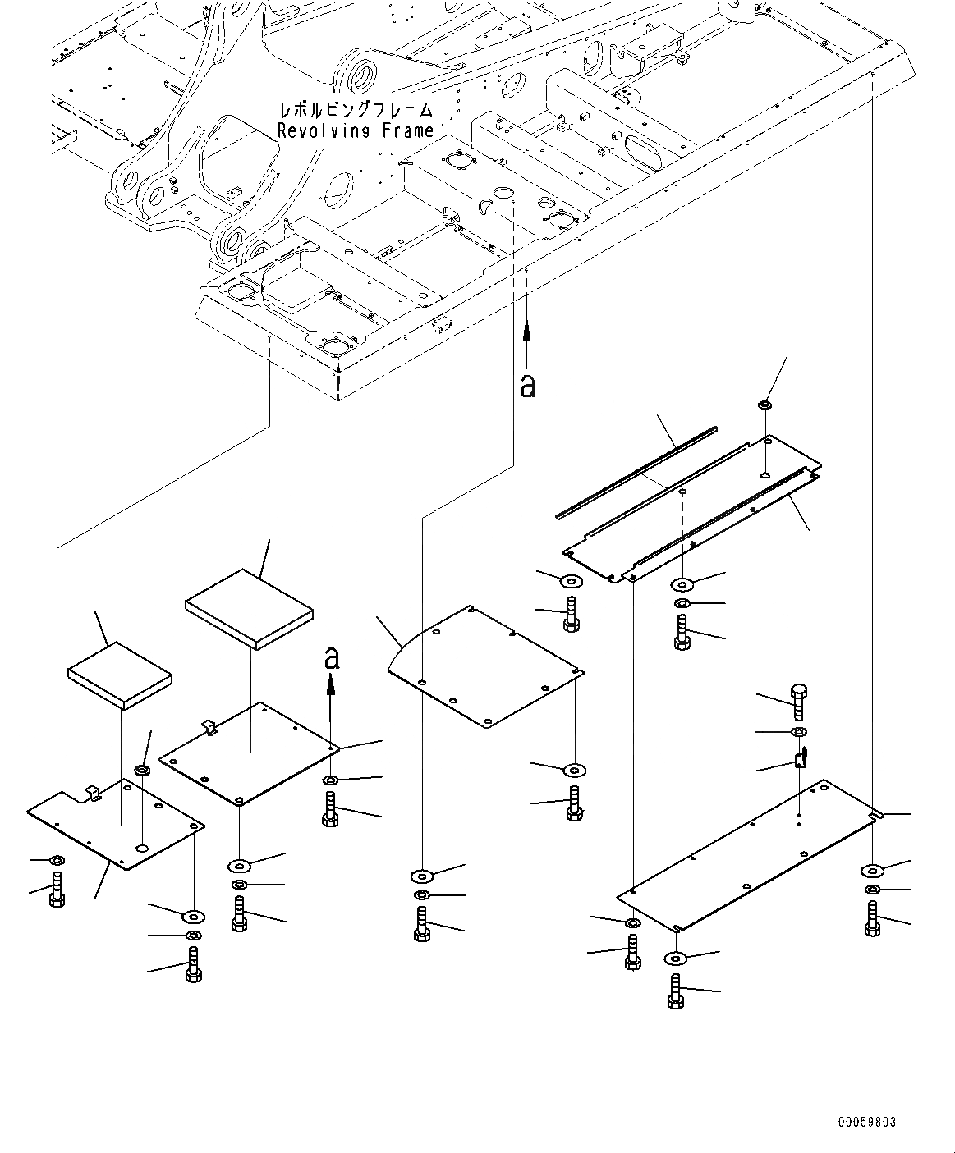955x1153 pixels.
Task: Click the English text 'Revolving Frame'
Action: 355,131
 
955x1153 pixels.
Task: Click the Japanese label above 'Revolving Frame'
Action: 355,110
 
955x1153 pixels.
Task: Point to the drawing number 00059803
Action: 867,1121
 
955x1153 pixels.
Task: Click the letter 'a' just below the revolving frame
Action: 528,385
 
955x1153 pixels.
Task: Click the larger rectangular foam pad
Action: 250,608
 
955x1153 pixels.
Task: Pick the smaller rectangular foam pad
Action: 121,674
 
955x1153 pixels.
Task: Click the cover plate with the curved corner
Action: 484,665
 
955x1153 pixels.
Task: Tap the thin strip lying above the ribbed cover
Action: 636,472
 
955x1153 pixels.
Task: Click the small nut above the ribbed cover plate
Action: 764,405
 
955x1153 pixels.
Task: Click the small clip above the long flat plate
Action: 801,759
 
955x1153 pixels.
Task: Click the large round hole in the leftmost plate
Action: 143,847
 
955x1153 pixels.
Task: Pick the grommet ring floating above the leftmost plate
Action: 142,771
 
